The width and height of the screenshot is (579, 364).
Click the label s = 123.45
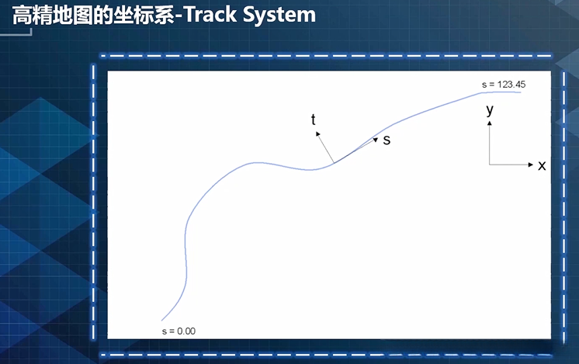[x=504, y=84]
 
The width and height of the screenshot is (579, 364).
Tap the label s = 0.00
[x=179, y=331]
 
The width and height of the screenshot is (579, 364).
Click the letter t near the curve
[x=314, y=120]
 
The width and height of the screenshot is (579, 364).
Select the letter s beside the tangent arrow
[x=387, y=140]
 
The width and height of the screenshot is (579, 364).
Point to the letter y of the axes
[x=490, y=110]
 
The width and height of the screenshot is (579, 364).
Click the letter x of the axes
[x=542, y=165]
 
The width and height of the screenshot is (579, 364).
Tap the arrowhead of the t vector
[x=317, y=133]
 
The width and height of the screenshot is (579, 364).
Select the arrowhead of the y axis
[x=490, y=124]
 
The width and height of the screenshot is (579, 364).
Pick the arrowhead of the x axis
[x=530, y=165]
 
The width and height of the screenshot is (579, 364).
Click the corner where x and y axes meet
[x=490, y=165]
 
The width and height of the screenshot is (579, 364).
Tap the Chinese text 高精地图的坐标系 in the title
[x=92, y=15]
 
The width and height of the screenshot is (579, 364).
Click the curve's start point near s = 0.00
[x=162, y=320]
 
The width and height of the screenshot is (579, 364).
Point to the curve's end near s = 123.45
[x=519, y=92]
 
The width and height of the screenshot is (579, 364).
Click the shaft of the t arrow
[x=326, y=148]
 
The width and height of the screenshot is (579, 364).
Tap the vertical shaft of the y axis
[x=490, y=146]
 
